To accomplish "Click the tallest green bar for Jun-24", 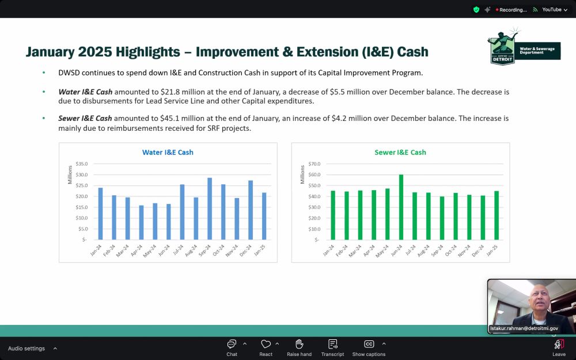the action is tap(401, 207).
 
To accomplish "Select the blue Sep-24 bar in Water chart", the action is tap(210, 209).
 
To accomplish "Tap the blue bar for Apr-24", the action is tap(142, 222).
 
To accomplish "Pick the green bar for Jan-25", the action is tap(497, 215).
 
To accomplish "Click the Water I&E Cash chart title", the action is tap(168, 153).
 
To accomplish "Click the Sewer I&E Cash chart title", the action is tap(400, 153).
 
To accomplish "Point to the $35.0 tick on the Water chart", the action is tap(82, 164).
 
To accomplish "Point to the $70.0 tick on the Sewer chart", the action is tap(314, 164).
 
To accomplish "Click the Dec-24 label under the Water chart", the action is tap(246, 250).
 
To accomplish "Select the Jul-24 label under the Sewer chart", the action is tap(411, 250).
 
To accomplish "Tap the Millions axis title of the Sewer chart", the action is tap(302, 175).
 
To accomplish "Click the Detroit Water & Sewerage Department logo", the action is tap(524, 47).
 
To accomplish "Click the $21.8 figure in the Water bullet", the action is tap(170, 92).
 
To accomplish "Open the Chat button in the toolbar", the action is tap(232, 348).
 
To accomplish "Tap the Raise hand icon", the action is tap(299, 344).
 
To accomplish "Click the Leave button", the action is tap(559, 348).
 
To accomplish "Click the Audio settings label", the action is tap(26, 348).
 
